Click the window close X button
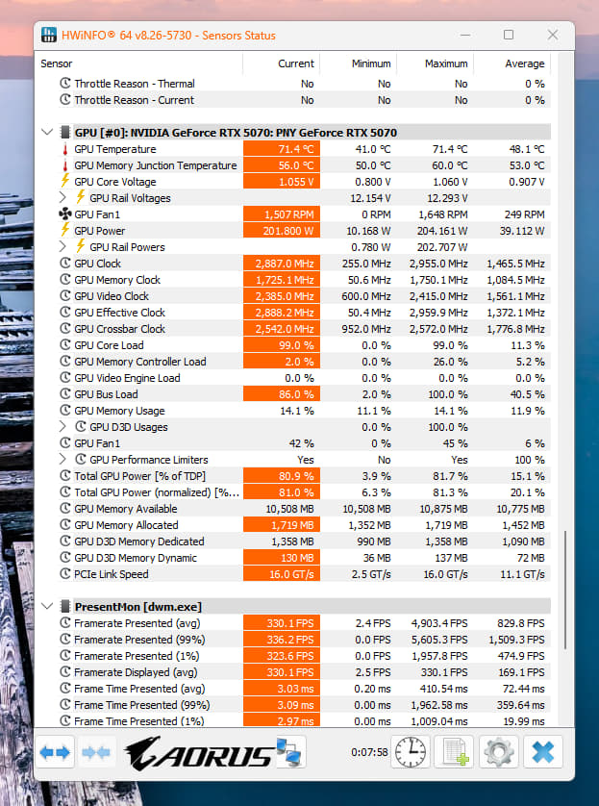point(553,35)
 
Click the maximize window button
point(509,35)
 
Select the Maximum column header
point(446,63)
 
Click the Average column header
point(525,63)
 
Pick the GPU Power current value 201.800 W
point(288,231)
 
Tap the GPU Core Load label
point(109,345)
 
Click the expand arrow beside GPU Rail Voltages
point(62,197)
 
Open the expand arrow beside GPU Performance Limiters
point(62,459)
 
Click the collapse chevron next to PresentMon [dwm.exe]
point(47,606)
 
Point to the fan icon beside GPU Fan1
point(65,214)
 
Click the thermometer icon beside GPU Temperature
point(65,149)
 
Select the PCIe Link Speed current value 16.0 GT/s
point(291,574)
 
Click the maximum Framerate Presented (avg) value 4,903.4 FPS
point(439,623)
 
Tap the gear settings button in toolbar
point(498,752)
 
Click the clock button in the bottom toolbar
point(410,752)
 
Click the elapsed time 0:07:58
point(369,752)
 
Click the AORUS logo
point(199,753)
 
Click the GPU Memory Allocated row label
point(126,525)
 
